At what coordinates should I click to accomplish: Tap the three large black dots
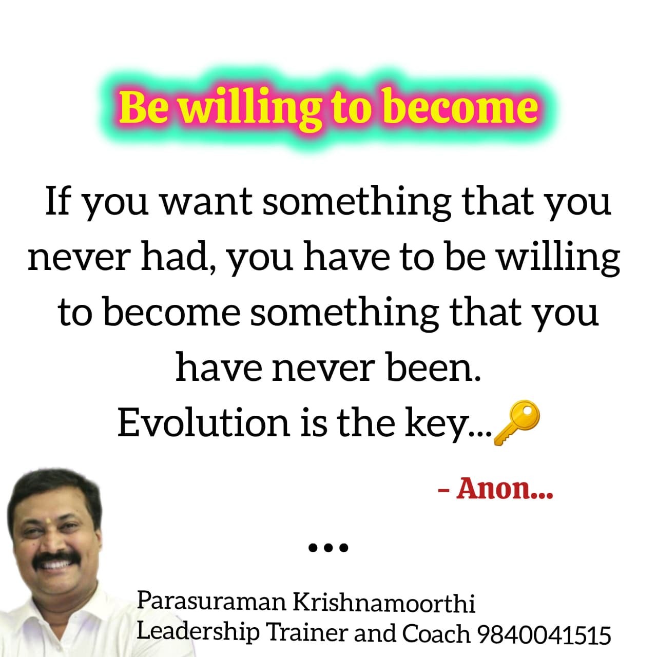point(328,548)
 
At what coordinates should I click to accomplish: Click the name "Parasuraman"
point(211,602)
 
